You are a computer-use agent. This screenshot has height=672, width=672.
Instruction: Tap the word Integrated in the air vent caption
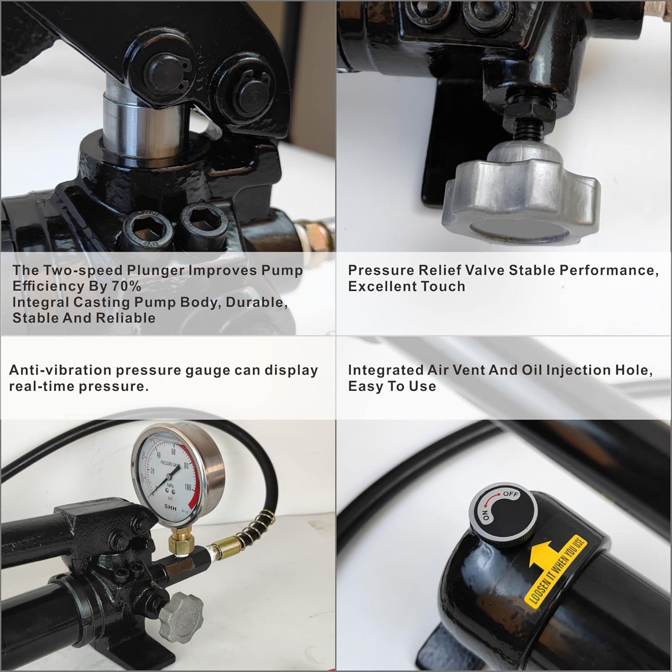point(386,370)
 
